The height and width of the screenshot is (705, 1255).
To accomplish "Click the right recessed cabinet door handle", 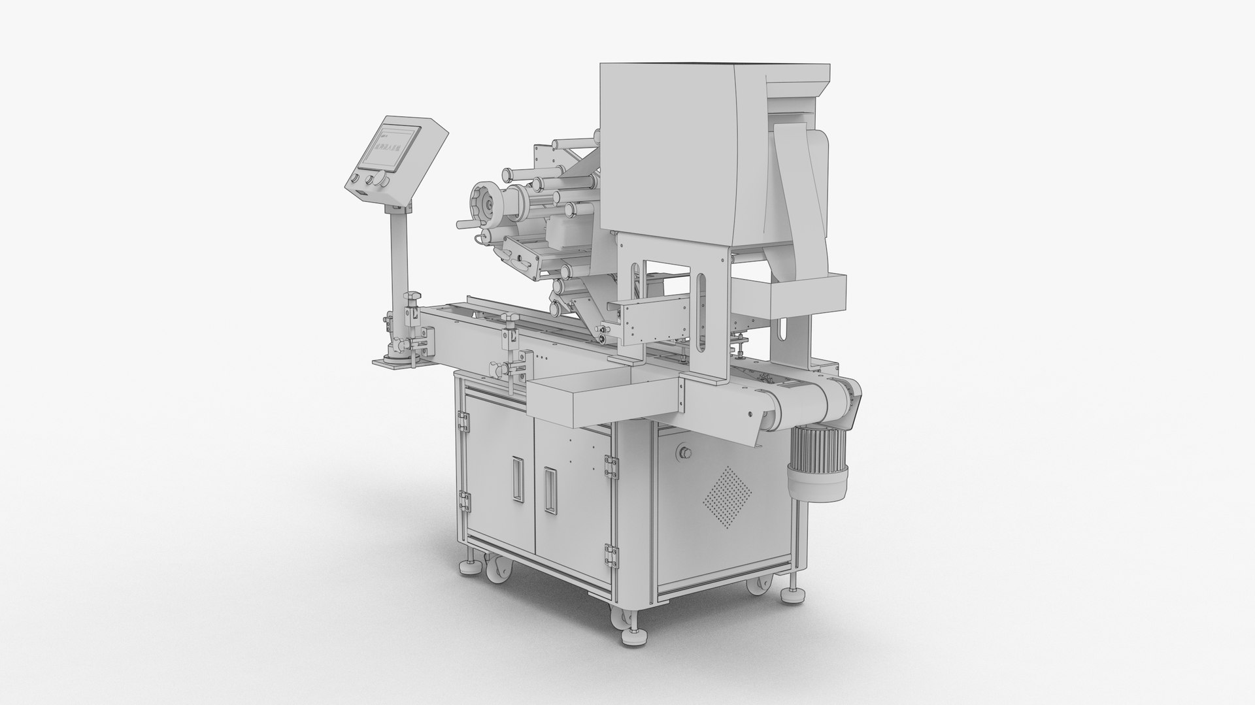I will click(x=548, y=489).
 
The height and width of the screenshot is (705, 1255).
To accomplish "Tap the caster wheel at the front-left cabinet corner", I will click(x=495, y=567).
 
